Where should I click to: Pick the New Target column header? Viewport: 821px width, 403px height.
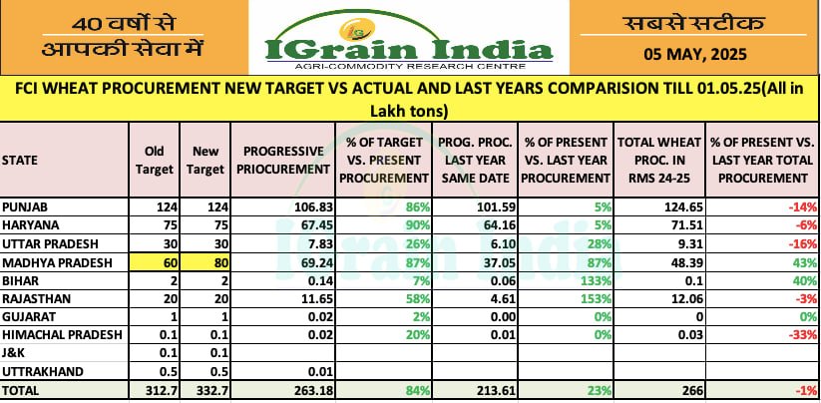pyautogui.click(x=205, y=160)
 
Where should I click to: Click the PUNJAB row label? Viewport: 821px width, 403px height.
pyautogui.click(x=25, y=206)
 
